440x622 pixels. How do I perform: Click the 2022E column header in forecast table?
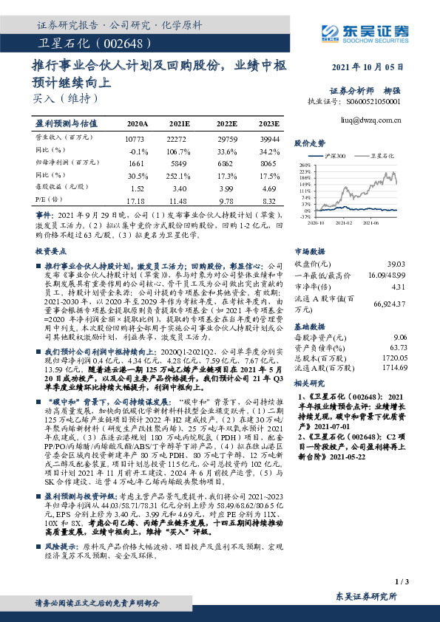(x=226, y=123)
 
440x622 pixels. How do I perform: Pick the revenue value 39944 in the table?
(x=269, y=138)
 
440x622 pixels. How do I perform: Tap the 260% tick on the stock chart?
(x=305, y=165)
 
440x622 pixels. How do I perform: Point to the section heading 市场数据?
(x=311, y=251)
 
